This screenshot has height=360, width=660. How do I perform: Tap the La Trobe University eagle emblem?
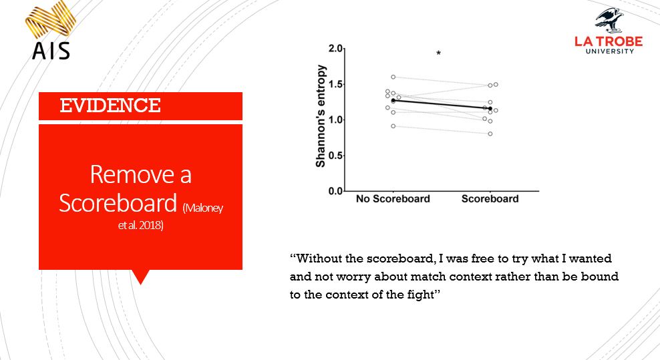tap(609, 20)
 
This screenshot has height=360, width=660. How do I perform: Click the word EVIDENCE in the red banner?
tap(110, 106)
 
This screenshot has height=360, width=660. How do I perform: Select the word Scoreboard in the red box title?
tap(119, 202)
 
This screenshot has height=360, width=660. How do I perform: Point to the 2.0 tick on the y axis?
tap(335, 49)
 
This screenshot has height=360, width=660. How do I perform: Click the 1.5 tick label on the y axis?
tap(335, 85)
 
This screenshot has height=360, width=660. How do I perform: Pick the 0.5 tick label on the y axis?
tap(335, 156)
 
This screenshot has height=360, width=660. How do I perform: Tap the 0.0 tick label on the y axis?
tap(335, 192)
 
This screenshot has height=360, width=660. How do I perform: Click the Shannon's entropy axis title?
tap(321, 116)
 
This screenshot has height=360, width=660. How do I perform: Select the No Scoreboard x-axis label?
tap(393, 199)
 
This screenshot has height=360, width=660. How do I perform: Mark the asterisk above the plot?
tap(439, 53)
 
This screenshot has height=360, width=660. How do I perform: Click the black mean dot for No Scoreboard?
tap(393, 100)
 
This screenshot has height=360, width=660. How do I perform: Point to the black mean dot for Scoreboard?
tap(490, 108)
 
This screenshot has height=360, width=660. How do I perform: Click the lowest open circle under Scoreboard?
tap(490, 134)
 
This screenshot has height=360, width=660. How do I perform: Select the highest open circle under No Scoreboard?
tap(393, 77)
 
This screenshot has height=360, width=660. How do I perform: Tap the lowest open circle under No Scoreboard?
tap(393, 126)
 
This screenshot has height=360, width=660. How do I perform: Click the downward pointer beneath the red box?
tap(140, 276)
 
